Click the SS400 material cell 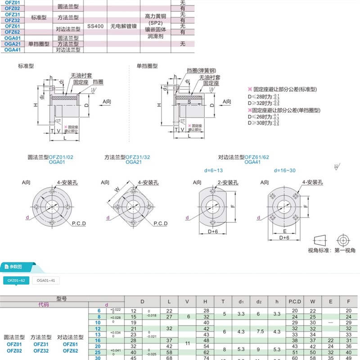(95, 27)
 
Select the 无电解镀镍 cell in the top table (123, 27)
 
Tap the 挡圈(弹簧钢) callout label (201, 71)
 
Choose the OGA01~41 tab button (45, 281)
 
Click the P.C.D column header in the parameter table (295, 301)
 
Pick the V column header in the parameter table (187, 301)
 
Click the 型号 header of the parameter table (62, 298)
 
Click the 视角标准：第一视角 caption (331, 250)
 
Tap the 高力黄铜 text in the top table (156, 16)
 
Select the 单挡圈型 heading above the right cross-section (147, 66)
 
